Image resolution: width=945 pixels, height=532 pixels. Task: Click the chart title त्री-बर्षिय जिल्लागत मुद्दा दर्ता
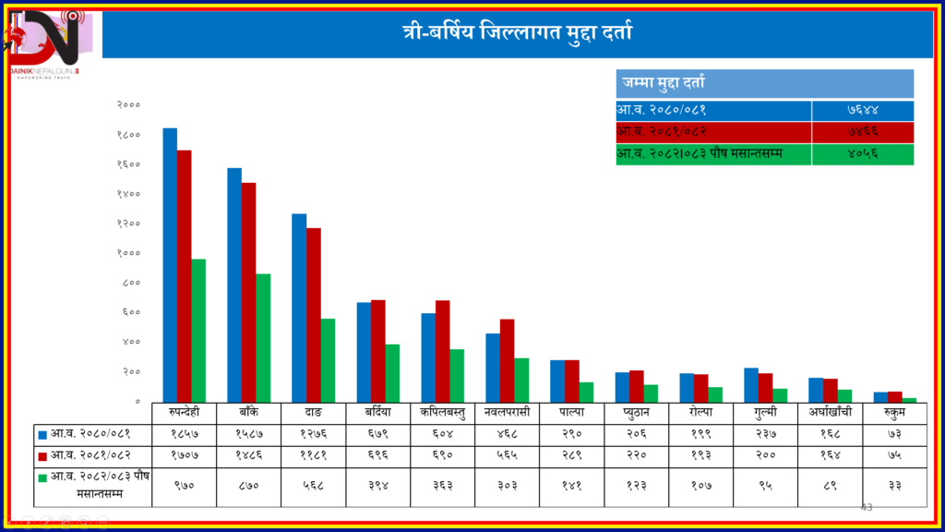pyautogui.click(x=517, y=34)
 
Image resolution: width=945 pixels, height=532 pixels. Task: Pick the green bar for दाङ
pyautogui.click(x=328, y=359)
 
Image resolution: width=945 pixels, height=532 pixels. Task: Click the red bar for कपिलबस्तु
pyautogui.click(x=443, y=350)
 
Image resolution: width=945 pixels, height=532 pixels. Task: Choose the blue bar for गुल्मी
pyautogui.click(x=751, y=384)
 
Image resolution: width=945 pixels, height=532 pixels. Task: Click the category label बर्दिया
pyautogui.click(x=378, y=410)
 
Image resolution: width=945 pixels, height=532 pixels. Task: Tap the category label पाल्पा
pyautogui.click(x=572, y=410)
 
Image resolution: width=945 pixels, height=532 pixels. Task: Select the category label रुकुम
pyautogui.click(x=895, y=410)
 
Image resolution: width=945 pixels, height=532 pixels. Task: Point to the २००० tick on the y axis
pyautogui.click(x=129, y=105)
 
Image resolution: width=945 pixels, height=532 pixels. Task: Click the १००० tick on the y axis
pyautogui.click(x=129, y=253)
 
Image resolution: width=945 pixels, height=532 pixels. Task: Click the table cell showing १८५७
pyautogui.click(x=185, y=432)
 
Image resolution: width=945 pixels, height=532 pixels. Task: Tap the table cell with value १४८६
pyautogui.click(x=249, y=454)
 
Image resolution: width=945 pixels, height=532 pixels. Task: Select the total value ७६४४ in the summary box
pyautogui.click(x=863, y=111)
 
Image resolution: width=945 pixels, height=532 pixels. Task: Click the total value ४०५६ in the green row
pyautogui.click(x=863, y=154)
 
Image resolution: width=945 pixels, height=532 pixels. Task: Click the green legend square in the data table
pyautogui.click(x=42, y=477)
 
